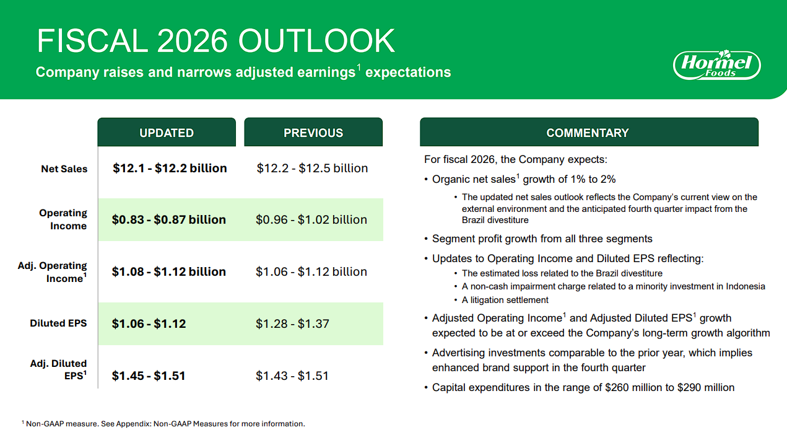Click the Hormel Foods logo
(x=717, y=65)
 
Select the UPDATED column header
(x=167, y=132)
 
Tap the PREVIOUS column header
(x=313, y=132)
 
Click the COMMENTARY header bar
(x=589, y=132)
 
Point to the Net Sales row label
(x=64, y=169)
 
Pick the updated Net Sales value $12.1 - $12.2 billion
(x=170, y=168)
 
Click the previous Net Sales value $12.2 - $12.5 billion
(x=312, y=168)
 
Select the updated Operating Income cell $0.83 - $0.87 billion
(x=168, y=219)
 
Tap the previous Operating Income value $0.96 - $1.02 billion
(x=311, y=219)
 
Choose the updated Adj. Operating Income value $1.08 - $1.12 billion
(x=168, y=271)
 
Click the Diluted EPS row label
(x=58, y=323)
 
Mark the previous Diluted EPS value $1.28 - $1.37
(x=292, y=323)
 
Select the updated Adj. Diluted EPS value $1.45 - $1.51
(x=148, y=376)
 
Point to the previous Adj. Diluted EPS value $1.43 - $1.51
(x=292, y=376)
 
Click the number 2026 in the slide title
(x=192, y=41)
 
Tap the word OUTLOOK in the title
(x=316, y=41)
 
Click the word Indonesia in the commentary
(x=746, y=286)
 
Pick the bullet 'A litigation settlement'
(x=505, y=300)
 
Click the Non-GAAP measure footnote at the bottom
(x=163, y=423)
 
